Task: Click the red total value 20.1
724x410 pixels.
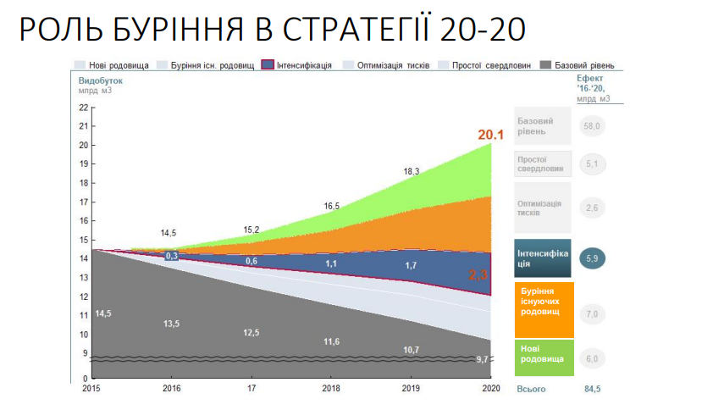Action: pos(491,135)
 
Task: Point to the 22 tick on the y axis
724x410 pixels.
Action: pos(82,108)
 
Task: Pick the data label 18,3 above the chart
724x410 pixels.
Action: pos(412,171)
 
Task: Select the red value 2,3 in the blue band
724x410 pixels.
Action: pos(479,274)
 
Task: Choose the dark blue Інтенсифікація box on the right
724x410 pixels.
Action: pos(544,258)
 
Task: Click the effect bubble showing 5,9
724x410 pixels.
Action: pos(593,258)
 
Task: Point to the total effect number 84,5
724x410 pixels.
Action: pos(591,390)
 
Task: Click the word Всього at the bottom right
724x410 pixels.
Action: pos(531,390)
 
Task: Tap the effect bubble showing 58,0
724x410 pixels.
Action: pos(592,126)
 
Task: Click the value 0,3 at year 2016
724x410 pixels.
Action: pos(172,255)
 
